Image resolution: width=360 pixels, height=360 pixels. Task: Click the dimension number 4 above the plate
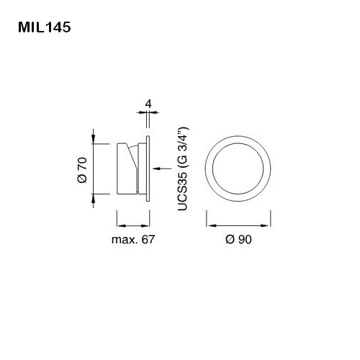[148, 104]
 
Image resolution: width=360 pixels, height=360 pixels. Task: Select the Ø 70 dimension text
[81, 168]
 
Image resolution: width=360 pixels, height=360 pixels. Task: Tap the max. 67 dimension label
[133, 239]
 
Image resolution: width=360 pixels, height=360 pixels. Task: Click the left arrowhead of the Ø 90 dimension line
[210, 222]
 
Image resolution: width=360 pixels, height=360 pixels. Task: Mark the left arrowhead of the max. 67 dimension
[118, 222]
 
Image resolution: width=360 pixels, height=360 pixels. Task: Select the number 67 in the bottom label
[148, 239]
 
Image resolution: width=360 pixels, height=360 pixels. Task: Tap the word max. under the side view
[125, 239]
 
